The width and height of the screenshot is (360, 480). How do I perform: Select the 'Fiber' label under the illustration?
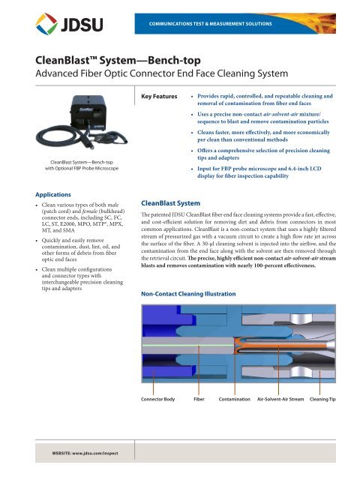pos(199,399)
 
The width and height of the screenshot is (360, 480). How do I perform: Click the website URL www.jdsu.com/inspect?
pos(76,454)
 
